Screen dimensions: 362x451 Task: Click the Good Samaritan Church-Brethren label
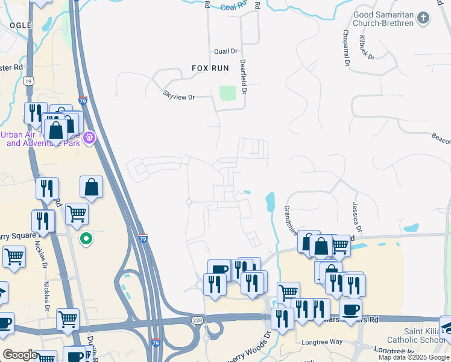pyautogui.click(x=376, y=18)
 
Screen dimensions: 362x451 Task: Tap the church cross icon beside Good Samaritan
pyautogui.click(x=424, y=17)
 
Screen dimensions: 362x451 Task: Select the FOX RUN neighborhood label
pyautogui.click(x=210, y=68)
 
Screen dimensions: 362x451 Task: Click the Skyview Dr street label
pyautogui.click(x=179, y=96)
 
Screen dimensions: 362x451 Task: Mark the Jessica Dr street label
pyautogui.click(x=357, y=217)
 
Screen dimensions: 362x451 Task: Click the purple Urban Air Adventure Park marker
pyautogui.click(x=90, y=138)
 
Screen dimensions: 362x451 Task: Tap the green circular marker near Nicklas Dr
pyautogui.click(x=87, y=239)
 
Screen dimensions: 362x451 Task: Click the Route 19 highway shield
pyautogui.click(x=28, y=80)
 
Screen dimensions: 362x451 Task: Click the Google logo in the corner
pyautogui.click(x=19, y=355)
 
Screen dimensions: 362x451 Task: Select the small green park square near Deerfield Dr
pyautogui.click(x=227, y=93)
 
